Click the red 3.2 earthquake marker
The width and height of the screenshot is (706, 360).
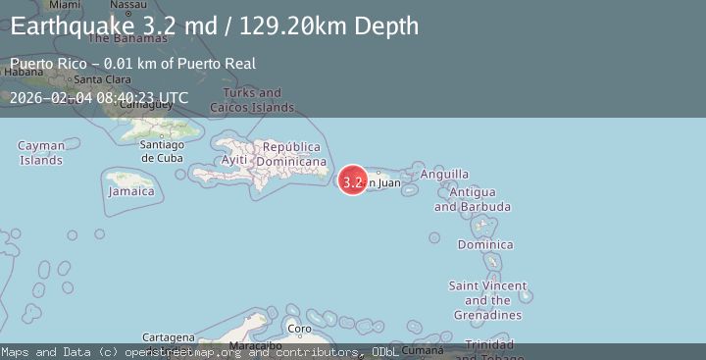pos(353,180)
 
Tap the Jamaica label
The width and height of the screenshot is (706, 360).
pos(131,191)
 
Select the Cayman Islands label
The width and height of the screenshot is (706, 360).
pos(41,153)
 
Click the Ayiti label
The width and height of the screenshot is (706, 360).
pos(234,160)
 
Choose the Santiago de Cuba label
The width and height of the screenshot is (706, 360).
pos(162,151)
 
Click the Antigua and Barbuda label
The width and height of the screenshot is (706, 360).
pos(458,200)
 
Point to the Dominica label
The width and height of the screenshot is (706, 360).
pos(484,244)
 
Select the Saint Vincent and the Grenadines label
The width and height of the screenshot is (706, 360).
pos(487,300)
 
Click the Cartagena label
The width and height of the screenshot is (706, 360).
pos(168,336)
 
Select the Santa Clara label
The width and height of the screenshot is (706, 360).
pos(103,79)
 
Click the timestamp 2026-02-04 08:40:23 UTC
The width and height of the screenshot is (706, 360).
pos(99,97)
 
